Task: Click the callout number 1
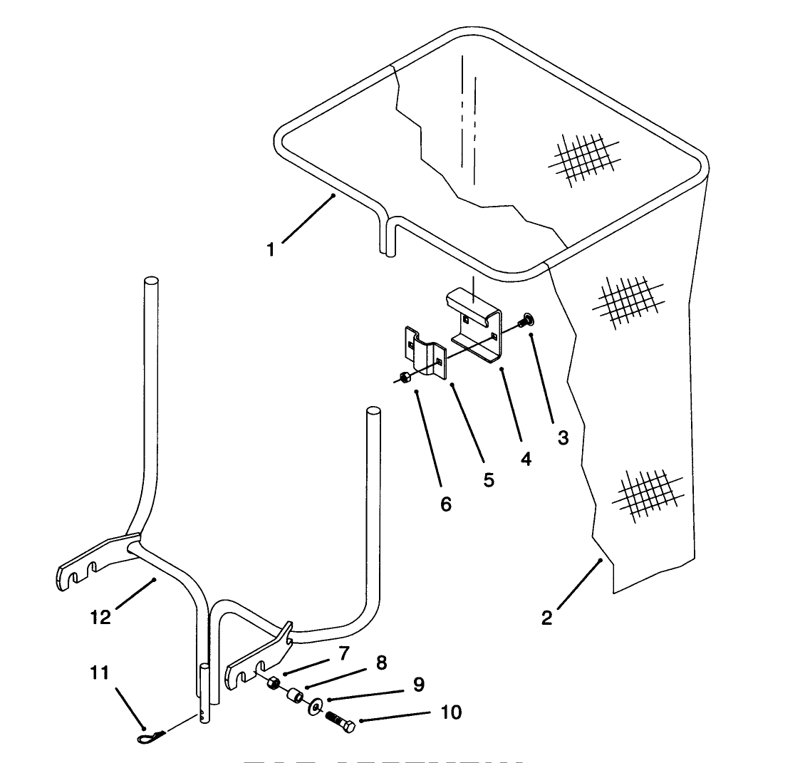270,249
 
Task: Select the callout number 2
546,618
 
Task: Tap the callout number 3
563,438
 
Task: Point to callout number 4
526,460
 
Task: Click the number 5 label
489,480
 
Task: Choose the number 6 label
446,504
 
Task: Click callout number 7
344,652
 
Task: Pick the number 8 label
381,663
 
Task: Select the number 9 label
418,685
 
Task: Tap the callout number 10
450,712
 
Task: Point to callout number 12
100,617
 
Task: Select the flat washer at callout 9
313,707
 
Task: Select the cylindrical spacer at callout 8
294,695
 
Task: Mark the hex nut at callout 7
273,685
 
